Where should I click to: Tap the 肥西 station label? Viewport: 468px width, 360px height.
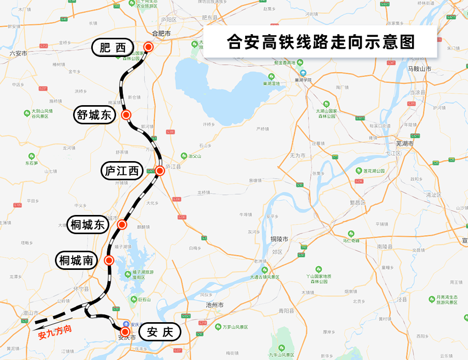[x=113, y=48]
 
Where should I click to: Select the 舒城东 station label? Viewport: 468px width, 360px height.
[x=94, y=115]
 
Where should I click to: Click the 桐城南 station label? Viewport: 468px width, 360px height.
[x=76, y=261]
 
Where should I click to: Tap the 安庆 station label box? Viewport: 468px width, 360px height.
[x=160, y=332]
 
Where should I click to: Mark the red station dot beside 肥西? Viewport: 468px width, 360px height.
[x=148, y=47]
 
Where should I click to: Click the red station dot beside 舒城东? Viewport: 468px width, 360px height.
[x=125, y=114]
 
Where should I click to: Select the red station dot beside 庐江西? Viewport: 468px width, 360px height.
[x=160, y=170]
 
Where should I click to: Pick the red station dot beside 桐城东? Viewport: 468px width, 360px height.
[x=122, y=224]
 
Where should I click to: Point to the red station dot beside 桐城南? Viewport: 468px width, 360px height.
[x=109, y=260]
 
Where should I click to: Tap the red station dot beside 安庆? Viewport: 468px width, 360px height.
[x=125, y=331]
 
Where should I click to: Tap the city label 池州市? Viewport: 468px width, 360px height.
[x=214, y=305]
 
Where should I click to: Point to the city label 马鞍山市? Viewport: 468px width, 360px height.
[x=419, y=68]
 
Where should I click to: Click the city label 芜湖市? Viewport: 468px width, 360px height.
[x=405, y=143]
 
